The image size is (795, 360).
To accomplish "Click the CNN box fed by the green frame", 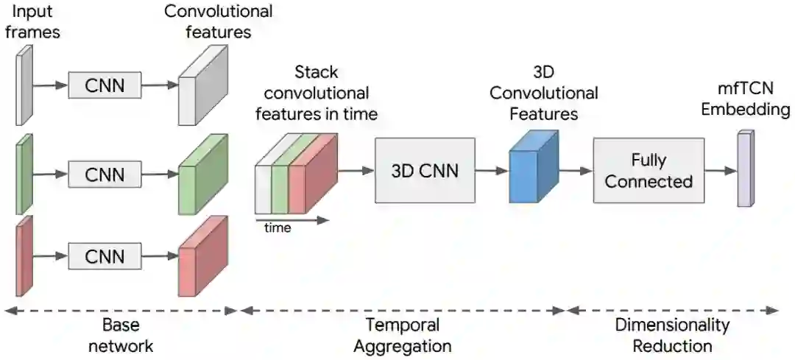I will (x=104, y=175).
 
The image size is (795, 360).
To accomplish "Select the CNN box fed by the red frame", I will (x=104, y=257).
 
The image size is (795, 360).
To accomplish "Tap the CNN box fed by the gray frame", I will (x=104, y=86).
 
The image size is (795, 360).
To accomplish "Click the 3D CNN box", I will (x=425, y=170).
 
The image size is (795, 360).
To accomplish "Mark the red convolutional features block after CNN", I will (x=202, y=254).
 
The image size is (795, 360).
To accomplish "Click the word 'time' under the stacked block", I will (x=278, y=227).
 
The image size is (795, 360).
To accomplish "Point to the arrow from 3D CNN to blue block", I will (x=491, y=170).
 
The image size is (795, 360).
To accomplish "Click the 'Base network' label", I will (x=121, y=335).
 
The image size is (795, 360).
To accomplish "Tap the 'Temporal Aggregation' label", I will (x=402, y=335).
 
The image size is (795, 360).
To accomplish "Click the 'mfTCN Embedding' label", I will (x=745, y=100).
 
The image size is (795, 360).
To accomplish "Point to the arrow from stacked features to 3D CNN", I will (x=357, y=170).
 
